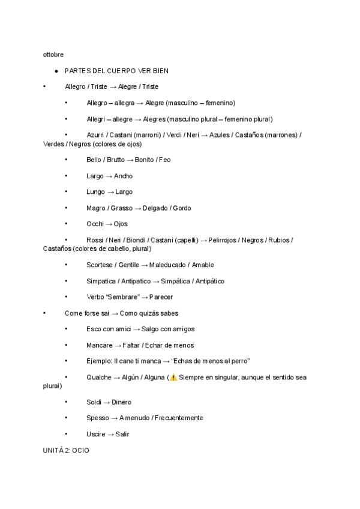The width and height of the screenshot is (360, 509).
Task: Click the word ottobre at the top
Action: click(x=53, y=55)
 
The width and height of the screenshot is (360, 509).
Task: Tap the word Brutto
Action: click(x=116, y=160)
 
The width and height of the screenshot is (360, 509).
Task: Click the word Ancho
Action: click(x=124, y=176)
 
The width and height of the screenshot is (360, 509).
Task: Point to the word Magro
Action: click(x=95, y=208)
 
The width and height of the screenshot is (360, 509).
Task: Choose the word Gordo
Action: click(x=181, y=208)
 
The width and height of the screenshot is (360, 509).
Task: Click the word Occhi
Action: click(x=95, y=224)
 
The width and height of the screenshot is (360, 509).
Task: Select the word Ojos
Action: click(x=121, y=224)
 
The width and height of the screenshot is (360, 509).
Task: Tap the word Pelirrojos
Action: click(x=222, y=240)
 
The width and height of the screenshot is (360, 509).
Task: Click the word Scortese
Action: click(x=100, y=265)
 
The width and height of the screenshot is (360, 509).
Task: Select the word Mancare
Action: click(x=99, y=346)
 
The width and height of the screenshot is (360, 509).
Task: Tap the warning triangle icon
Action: click(x=173, y=378)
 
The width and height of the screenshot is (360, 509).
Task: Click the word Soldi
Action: click(x=94, y=402)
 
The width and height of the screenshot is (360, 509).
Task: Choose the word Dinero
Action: click(x=122, y=402)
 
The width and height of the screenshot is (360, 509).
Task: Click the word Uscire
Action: click(x=96, y=434)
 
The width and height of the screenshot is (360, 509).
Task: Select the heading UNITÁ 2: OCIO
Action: click(x=66, y=450)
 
